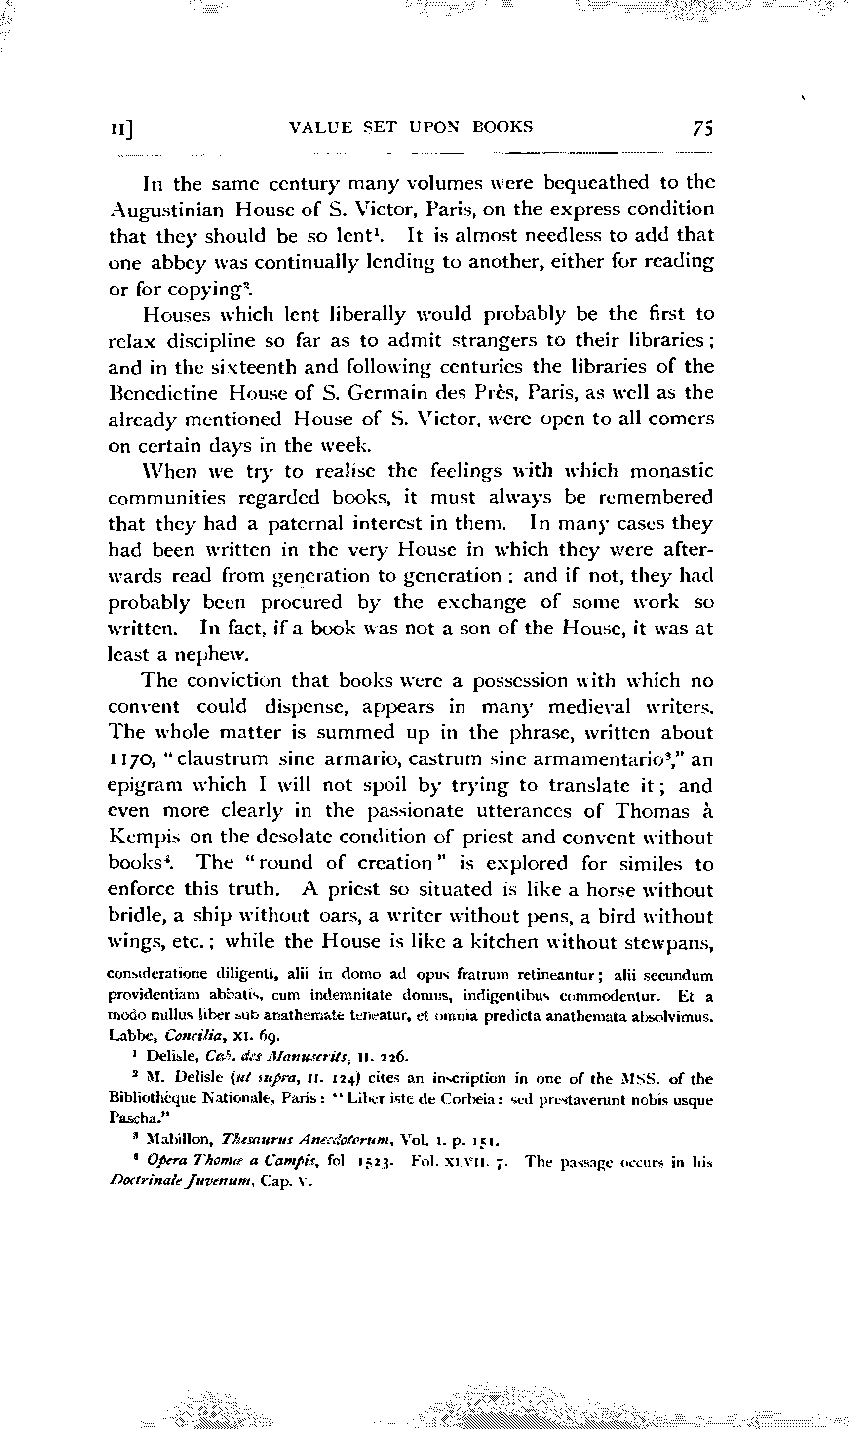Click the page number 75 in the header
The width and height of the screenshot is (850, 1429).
pyautogui.click(x=702, y=128)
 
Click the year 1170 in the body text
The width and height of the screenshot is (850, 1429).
pyautogui.click(x=128, y=759)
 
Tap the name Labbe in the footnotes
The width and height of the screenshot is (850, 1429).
pyautogui.click(x=125, y=1036)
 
